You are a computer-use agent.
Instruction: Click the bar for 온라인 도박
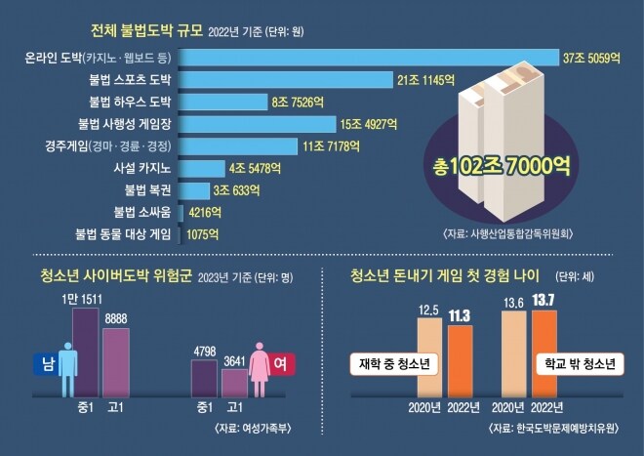pos(371,58)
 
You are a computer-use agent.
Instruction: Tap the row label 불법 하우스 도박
pos(131,101)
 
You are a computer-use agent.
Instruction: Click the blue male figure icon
pos(66,364)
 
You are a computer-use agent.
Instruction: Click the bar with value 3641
pos(234,382)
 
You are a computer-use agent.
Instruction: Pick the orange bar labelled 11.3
pos(461,361)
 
